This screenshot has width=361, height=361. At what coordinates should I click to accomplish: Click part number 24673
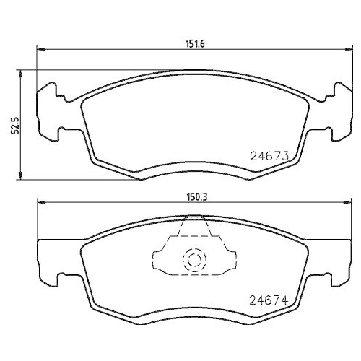(270, 154)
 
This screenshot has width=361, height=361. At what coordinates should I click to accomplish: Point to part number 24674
(270, 300)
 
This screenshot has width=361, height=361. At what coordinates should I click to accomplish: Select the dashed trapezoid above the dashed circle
(193, 230)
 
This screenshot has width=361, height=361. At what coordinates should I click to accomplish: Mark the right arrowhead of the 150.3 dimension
(349, 202)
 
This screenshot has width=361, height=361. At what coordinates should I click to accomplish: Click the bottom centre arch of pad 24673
(194, 168)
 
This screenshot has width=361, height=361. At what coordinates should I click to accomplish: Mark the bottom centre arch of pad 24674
(194, 318)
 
